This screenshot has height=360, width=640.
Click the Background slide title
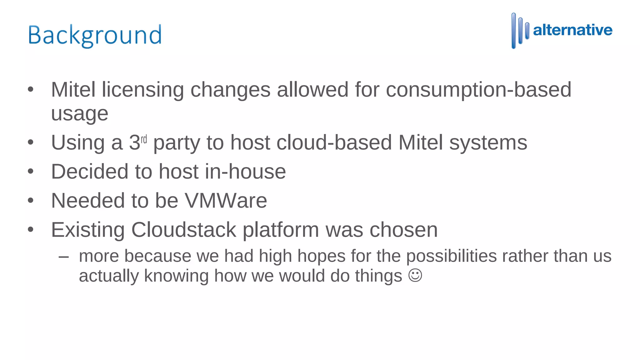point(95,35)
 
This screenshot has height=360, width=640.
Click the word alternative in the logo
point(572,30)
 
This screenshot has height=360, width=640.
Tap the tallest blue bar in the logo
point(513,31)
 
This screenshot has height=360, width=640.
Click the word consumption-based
point(478,90)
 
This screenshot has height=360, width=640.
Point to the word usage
point(80,114)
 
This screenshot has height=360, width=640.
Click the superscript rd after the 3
point(144,139)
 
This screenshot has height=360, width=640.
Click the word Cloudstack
point(183,230)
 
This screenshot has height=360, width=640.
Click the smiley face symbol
point(415,275)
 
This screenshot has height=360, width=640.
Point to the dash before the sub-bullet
point(63,257)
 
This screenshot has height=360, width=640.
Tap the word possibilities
point(451,256)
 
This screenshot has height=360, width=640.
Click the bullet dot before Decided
point(30,171)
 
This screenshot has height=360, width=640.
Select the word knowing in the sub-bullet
point(176,276)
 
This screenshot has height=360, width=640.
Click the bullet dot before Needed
point(30,200)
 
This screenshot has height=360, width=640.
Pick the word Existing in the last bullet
point(87,230)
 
